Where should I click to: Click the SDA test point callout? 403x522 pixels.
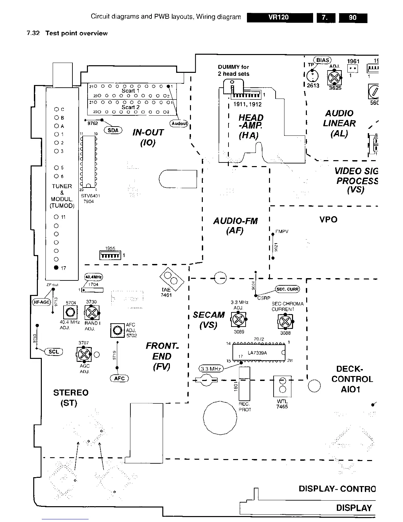pos(113,130)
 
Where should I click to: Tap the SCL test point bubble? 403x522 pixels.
pos(53,352)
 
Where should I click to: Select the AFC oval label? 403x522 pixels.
pos(119,378)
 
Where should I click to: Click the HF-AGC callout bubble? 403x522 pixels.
pos(41,302)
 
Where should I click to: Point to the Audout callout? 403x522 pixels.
pos(179,124)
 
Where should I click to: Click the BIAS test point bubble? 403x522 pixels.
pos(323,60)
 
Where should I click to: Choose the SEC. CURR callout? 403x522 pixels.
pos(287,289)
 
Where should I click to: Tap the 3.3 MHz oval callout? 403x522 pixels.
pos(211,368)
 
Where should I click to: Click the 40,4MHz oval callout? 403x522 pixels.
pos(94,276)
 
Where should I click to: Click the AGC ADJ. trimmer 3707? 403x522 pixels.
pos(84,354)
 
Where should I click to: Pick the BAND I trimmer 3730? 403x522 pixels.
pos(92,312)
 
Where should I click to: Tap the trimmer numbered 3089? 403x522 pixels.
pos(239,319)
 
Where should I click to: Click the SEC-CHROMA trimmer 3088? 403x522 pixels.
pos(285,321)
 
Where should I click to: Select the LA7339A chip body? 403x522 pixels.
pos(258,353)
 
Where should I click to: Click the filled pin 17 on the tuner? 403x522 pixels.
pos(56,268)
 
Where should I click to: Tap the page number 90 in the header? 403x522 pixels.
pos(353,17)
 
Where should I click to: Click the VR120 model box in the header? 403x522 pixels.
pos(280,17)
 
